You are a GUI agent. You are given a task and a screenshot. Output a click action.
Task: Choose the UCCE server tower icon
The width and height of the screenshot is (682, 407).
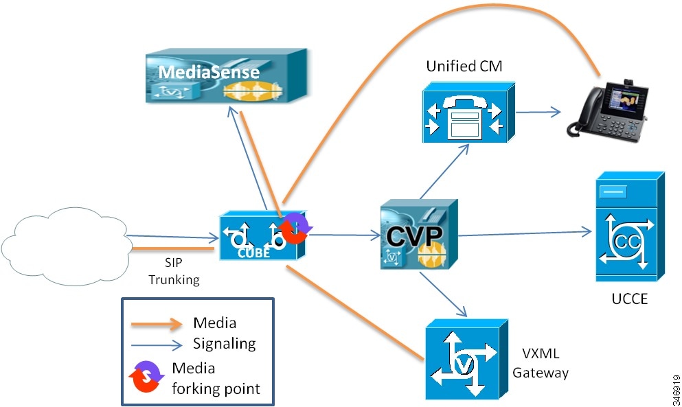pyautogui.click(x=629, y=226)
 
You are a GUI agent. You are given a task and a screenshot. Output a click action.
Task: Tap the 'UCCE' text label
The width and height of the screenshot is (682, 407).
pyautogui.click(x=628, y=301)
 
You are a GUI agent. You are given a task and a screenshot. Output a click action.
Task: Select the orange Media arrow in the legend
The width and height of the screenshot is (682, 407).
pyautogui.click(x=159, y=323)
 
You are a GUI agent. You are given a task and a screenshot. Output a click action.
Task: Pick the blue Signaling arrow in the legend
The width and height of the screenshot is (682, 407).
pyautogui.click(x=159, y=343)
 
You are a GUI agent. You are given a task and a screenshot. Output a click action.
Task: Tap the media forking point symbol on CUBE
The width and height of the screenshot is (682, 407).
pyautogui.click(x=294, y=227)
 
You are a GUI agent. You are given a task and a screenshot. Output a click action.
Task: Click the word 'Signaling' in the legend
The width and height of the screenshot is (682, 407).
pyautogui.click(x=224, y=343)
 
